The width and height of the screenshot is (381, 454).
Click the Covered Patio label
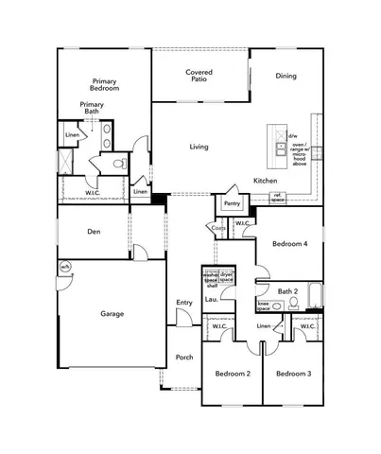[x=199, y=76]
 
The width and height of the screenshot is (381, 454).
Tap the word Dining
[x=286, y=76]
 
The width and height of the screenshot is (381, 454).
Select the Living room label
[x=199, y=147]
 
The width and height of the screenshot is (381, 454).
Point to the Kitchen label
[x=265, y=180]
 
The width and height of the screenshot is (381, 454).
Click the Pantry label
[x=232, y=202]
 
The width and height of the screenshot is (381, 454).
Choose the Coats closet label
[x=217, y=227]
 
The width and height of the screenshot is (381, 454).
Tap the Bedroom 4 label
[x=290, y=244]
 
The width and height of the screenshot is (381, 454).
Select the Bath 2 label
[x=288, y=290]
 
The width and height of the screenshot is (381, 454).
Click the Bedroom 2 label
[x=233, y=375]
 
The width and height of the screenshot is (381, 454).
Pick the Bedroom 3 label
[x=294, y=375]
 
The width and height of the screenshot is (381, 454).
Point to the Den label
[x=95, y=232]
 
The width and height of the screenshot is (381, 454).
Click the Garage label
[x=113, y=313]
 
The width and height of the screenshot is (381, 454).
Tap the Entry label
[x=184, y=303]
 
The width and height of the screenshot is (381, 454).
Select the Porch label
[x=184, y=358]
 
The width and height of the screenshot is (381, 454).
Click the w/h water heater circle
[x=65, y=268]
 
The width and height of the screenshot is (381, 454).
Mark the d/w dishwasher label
[x=292, y=135]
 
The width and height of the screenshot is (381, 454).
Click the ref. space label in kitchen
[x=278, y=197]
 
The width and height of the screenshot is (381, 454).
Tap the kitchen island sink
[x=280, y=149]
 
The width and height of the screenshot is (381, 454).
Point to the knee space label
[x=264, y=306]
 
